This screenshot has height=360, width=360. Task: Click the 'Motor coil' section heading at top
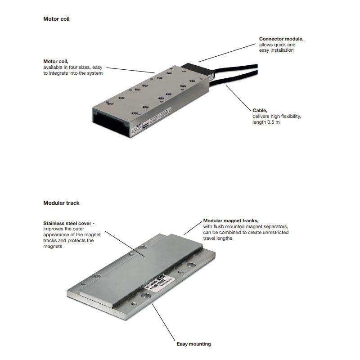coord(56,19)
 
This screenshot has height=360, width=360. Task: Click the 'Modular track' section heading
coord(61,203)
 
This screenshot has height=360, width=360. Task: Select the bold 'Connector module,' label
coord(281,39)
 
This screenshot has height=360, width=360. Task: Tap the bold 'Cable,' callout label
coord(260,110)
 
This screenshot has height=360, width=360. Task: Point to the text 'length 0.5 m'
coord(266,122)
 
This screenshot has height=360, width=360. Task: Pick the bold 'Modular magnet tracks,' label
coord(231,220)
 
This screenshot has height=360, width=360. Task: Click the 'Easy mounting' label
coord(193,344)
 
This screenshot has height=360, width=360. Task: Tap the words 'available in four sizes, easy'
coord(73,67)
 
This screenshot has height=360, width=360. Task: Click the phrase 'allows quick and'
coord(277,45)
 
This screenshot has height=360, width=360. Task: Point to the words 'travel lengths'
coord(218,238)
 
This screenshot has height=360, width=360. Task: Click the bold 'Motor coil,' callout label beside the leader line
coord(56,61)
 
